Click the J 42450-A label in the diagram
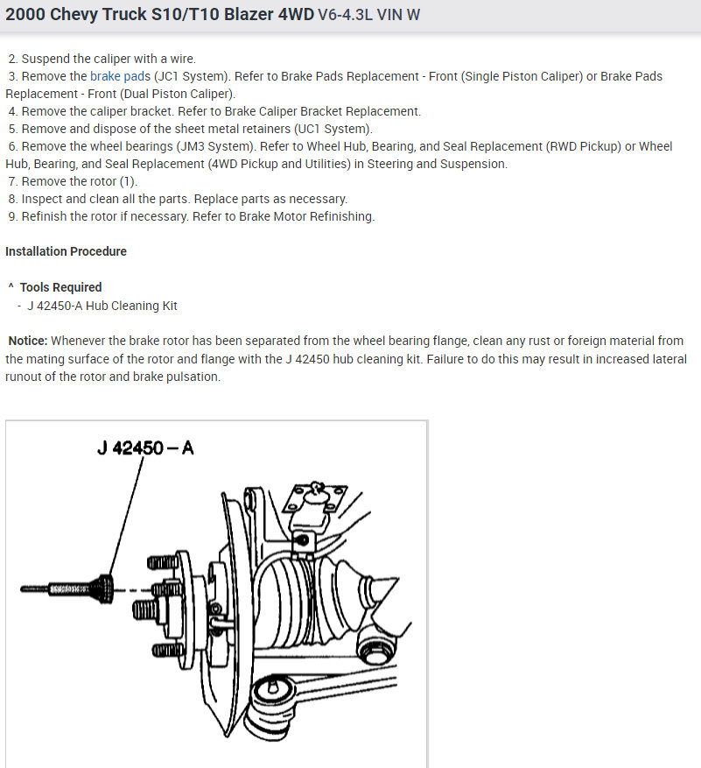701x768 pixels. point(145,448)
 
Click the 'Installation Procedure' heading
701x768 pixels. point(66,251)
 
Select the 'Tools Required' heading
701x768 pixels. point(60,287)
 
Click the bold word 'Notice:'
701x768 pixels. point(29,341)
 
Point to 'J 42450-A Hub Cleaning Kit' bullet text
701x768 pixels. point(102,306)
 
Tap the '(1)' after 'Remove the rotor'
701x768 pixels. point(128,181)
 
